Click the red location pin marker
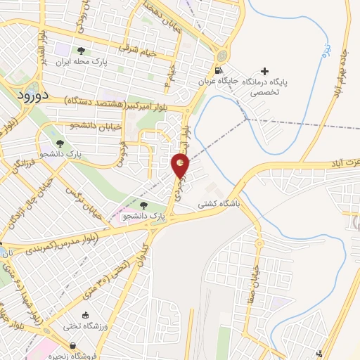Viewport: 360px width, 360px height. pyautogui.click(x=180, y=166)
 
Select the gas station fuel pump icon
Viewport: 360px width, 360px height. pyautogui.click(x=219, y=71)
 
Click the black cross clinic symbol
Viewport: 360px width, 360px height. pyautogui.click(x=264, y=71)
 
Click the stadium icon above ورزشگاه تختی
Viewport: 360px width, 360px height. pyautogui.click(x=86, y=316)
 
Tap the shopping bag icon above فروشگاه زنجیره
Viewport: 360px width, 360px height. pyautogui.click(x=73, y=345)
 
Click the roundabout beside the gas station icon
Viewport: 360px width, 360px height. pyautogui.click(x=223, y=54)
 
